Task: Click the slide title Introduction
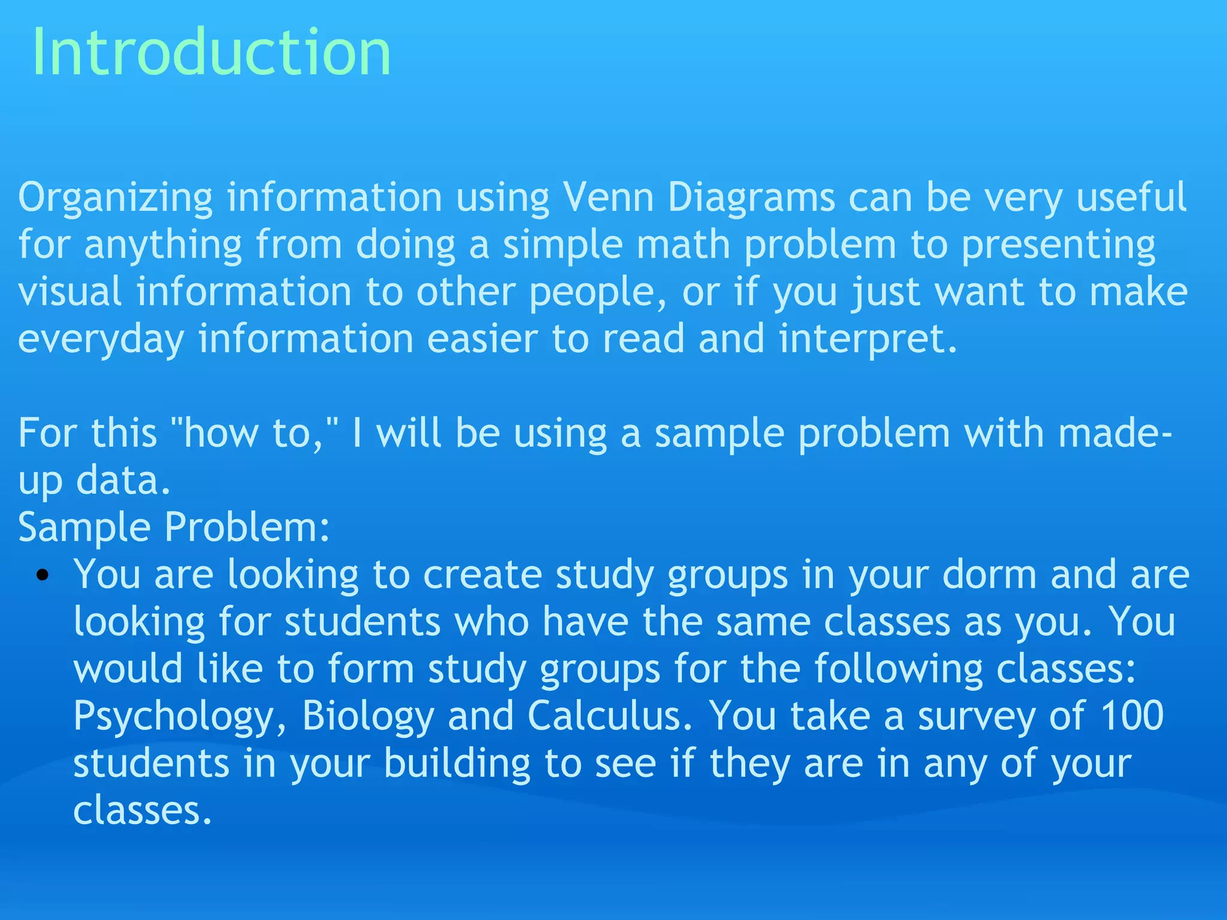(x=211, y=52)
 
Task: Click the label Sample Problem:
(x=174, y=528)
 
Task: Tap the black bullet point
(x=42, y=576)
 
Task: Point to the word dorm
(x=989, y=574)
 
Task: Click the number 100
(x=1132, y=716)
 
